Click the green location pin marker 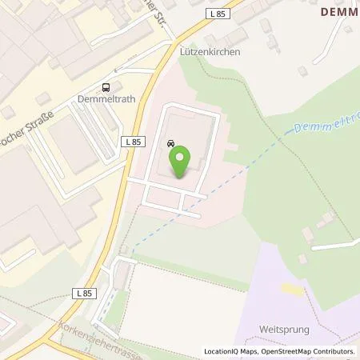182,161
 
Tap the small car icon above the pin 171,143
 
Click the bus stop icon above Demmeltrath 104,88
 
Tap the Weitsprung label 284,328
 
